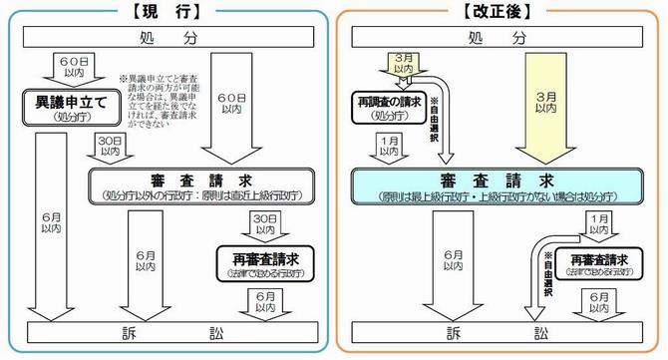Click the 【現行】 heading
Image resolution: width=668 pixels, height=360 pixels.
[x=166, y=12]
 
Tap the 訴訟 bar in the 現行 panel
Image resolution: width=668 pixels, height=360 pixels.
[x=165, y=331]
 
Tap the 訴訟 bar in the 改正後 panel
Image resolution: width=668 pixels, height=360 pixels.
[x=501, y=331]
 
